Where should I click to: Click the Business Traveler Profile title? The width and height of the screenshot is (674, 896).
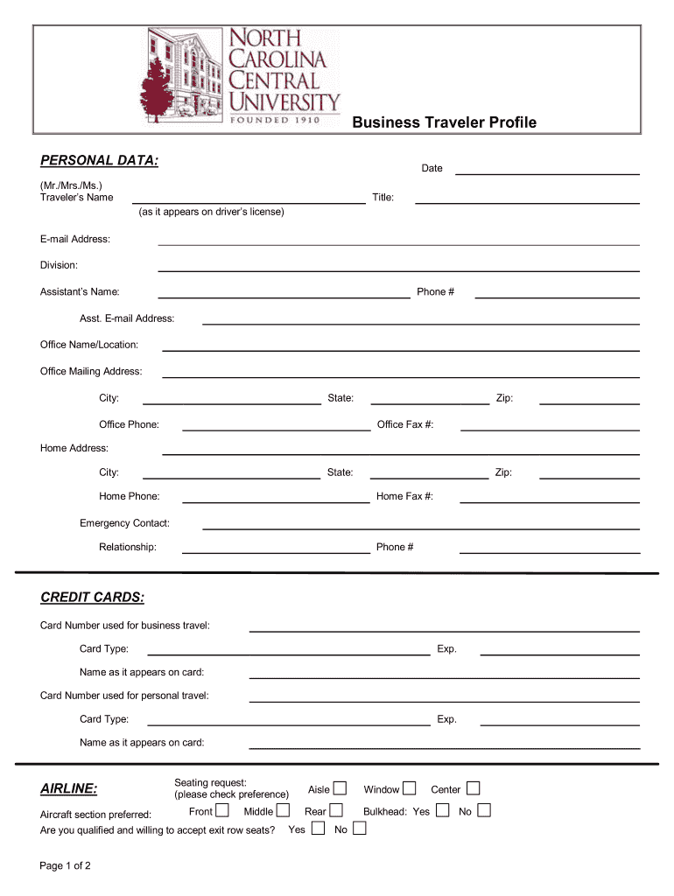click(444, 122)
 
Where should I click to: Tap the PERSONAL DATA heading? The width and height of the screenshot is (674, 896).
click(99, 161)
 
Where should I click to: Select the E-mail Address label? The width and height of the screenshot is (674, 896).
click(75, 239)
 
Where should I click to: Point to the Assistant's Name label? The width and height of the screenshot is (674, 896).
click(80, 291)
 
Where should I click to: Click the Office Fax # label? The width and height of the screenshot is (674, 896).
click(405, 424)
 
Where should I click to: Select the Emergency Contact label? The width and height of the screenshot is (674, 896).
click(124, 523)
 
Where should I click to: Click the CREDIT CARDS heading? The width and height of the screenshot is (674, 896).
click(92, 598)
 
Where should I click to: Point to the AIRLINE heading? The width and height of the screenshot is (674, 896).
click(69, 789)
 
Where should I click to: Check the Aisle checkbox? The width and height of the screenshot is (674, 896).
click(340, 788)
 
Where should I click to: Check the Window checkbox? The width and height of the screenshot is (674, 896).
click(409, 788)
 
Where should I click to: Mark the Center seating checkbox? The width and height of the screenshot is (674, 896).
click(473, 788)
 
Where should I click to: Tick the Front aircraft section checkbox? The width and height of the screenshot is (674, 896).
click(222, 810)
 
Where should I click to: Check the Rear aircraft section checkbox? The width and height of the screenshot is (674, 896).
click(336, 810)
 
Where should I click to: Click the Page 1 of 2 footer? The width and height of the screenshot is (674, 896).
click(66, 866)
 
